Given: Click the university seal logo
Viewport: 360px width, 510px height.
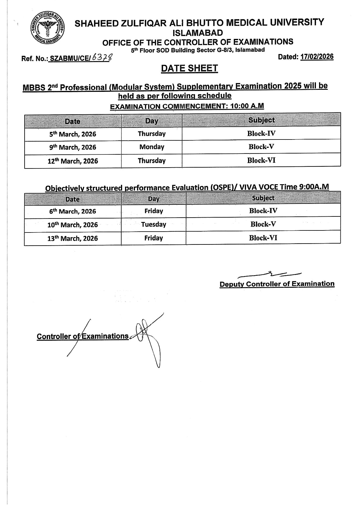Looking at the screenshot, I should coord(48,28).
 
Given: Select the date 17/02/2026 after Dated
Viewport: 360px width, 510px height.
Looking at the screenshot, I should coord(317,57).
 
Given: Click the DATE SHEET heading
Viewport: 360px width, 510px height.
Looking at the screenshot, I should coord(189,68).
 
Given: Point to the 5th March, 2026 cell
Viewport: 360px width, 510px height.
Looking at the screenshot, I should coord(73,134).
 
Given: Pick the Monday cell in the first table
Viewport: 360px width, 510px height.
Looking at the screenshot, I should coord(152,147).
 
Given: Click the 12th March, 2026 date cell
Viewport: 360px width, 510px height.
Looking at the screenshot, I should coord(73,161).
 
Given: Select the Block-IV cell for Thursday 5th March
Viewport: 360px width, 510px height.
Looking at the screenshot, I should coord(261,134).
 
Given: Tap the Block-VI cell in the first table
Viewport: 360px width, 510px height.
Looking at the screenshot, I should coord(261,160).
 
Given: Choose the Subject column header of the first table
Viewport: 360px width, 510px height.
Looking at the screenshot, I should coord(261,120).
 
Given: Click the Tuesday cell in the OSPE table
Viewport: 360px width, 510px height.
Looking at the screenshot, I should coord(153,225).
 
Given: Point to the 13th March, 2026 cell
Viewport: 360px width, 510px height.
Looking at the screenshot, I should coord(73,238).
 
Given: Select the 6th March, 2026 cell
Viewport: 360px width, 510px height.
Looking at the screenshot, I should coord(73,211).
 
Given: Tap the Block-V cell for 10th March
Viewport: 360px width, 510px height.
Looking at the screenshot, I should coord(263,224).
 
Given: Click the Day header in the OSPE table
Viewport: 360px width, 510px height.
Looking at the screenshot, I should coord(153,199).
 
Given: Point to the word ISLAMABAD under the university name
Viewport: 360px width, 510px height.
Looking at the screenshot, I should coord(198,32).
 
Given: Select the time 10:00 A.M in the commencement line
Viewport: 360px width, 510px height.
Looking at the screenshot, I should coord(247,106).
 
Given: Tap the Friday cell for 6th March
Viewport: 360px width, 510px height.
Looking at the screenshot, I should coord(153,211).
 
